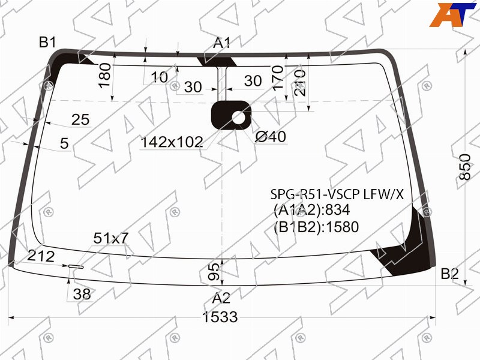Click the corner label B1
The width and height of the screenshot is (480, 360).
tap(47, 42)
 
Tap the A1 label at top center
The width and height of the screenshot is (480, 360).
tap(221, 43)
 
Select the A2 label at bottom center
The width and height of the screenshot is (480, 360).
tap(221, 298)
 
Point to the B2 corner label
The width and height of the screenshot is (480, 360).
tap(449, 274)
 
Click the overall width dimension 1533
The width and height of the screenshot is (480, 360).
tap(220, 317)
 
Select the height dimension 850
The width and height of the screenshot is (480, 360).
tap(464, 167)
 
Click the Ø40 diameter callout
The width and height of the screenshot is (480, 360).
tap(271, 137)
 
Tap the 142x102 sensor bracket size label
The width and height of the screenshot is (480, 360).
tap(172, 142)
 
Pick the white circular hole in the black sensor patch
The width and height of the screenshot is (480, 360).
tap(239, 118)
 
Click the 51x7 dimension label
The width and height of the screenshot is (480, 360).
tap(111, 238)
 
